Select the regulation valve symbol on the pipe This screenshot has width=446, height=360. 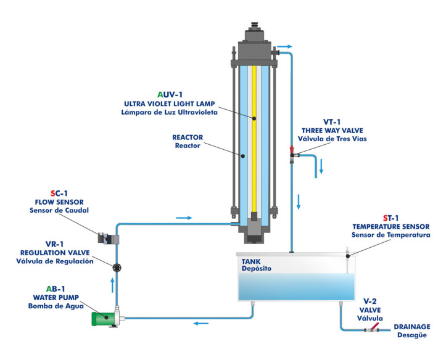[x=117, y=267]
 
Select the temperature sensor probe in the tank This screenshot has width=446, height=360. [x=347, y=259]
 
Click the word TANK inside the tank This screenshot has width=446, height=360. [x=252, y=261]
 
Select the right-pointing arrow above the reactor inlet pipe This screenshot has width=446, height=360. [x=184, y=218]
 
